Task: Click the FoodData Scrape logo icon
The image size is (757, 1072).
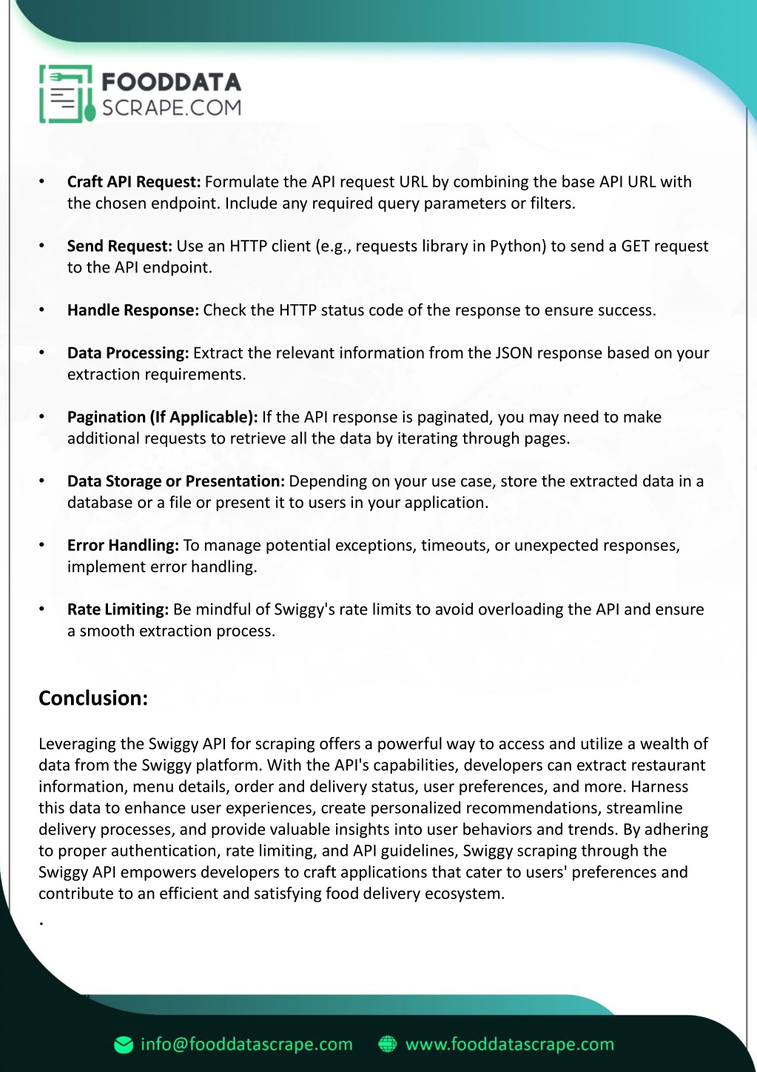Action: pos(67,94)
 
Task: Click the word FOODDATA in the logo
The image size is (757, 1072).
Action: pos(171,81)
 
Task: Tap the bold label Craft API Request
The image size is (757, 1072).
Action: pos(134,182)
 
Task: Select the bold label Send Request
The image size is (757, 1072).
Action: pos(119,247)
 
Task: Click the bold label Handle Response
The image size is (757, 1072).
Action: pos(133,310)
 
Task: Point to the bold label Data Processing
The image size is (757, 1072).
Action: pos(128,353)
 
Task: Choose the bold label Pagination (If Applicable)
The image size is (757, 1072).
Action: pos(162,418)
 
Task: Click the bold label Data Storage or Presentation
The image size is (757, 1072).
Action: pos(175,481)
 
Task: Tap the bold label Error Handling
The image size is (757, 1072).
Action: pos(123,546)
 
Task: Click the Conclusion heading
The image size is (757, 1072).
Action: pos(93,698)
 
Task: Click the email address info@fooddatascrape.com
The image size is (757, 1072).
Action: pos(246,1045)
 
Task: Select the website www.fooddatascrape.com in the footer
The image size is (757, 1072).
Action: pos(510,1045)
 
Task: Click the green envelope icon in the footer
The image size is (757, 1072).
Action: pos(124,1045)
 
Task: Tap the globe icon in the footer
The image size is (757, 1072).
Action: pos(388,1045)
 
